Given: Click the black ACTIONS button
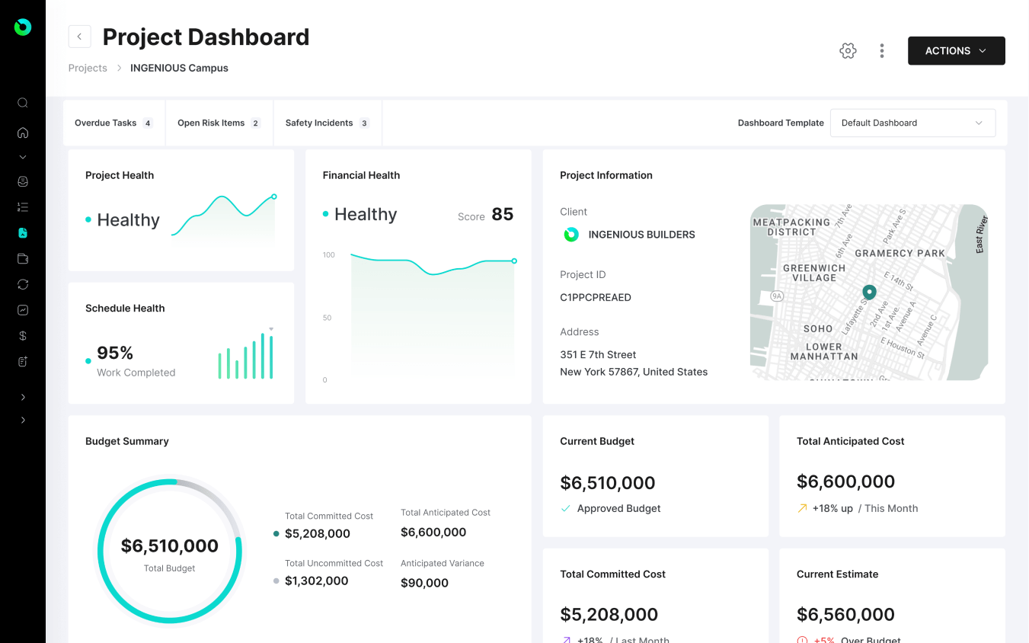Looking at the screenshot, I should point(956,51).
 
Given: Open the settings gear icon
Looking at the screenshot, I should point(848,51).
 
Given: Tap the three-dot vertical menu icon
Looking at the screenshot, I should point(882,51).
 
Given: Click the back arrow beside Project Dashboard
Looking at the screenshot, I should point(79,37).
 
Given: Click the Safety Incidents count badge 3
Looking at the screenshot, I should point(364,123).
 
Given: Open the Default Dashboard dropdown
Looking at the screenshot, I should point(912,123).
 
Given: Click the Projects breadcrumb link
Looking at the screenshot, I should point(88,68).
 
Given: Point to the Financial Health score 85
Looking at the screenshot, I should point(502,215).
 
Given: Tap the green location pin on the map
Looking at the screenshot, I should point(869,292).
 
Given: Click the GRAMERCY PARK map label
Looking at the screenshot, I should point(900,253).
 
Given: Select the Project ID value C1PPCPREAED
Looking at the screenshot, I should point(595,297).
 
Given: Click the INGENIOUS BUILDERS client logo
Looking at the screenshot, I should point(570,235).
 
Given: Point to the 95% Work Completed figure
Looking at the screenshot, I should point(115,353).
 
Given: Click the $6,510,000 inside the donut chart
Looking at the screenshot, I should point(169,545).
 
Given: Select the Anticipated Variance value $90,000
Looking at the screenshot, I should point(424,583).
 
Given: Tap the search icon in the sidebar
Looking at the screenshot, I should point(23,103).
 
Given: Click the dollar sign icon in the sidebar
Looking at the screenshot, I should point(23,336).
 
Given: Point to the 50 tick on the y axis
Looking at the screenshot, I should point(327,318).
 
